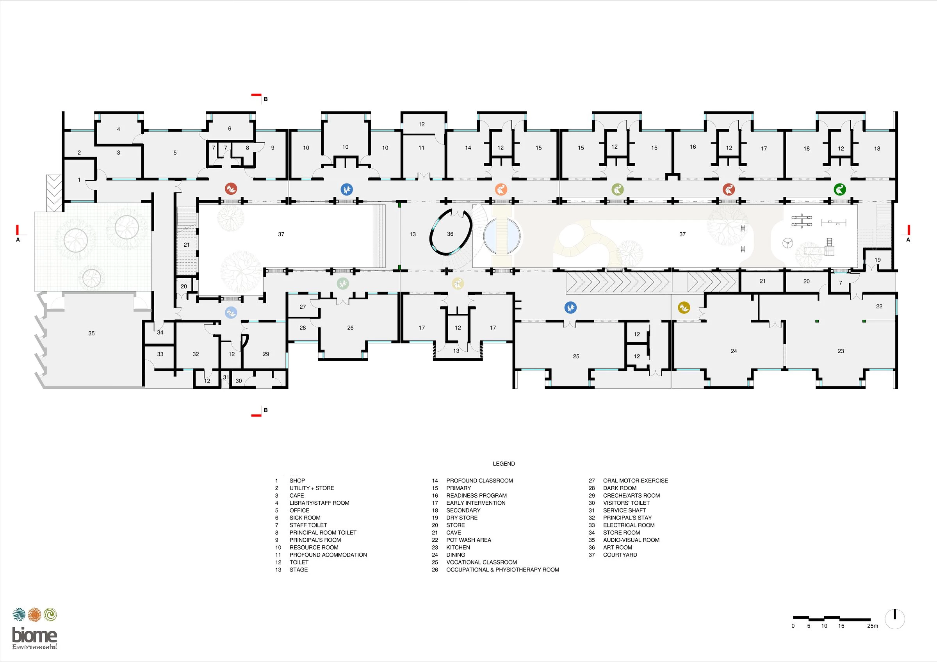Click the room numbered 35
point(91,334)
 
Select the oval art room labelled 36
point(450,234)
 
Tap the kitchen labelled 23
point(841,351)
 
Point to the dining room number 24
point(734,351)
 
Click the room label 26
point(350,328)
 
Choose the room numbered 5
point(175,153)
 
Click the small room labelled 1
point(79,180)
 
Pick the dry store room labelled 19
point(877,260)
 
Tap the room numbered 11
point(422,148)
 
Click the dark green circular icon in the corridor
point(839,189)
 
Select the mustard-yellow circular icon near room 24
point(684,308)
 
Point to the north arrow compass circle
point(894,619)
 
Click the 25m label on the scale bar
point(873,626)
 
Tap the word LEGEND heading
point(504,464)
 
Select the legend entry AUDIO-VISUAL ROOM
point(631,540)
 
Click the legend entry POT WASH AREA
point(468,540)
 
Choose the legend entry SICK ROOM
point(305,518)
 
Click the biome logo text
point(34,635)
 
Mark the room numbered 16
point(693,147)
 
